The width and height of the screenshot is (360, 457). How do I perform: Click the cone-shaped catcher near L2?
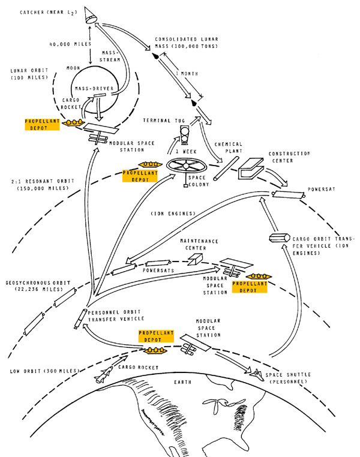click(91, 16)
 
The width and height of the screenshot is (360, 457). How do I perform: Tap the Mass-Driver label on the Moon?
click(94, 88)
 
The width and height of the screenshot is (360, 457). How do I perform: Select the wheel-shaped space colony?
click(187, 166)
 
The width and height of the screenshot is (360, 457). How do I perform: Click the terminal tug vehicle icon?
click(184, 134)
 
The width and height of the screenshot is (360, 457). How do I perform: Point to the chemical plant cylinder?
click(226, 169)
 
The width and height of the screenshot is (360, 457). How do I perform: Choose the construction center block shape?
click(251, 168)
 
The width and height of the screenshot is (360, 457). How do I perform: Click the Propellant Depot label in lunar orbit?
click(42, 125)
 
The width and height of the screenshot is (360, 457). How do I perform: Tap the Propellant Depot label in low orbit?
click(156, 336)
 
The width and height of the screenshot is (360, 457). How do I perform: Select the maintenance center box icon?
click(195, 259)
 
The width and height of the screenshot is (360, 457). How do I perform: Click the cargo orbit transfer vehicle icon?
click(279, 238)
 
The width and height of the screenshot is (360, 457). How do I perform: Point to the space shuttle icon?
click(257, 374)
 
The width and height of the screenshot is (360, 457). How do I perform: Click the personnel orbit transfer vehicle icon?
click(80, 318)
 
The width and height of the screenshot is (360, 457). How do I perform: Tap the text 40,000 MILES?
click(70, 44)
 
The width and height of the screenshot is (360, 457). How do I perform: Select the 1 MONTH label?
click(187, 74)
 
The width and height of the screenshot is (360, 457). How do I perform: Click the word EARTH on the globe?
click(183, 382)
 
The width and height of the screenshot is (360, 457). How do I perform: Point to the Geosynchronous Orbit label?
click(38, 286)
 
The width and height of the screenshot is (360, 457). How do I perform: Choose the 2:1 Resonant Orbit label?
click(43, 185)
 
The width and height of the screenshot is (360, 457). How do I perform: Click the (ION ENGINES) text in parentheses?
click(173, 214)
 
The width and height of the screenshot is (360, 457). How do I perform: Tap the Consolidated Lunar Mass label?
click(187, 43)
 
